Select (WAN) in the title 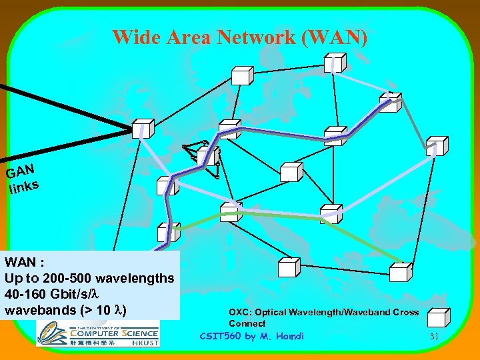coord(334,37)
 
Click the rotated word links coord(24,187)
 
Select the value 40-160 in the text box coord(25,294)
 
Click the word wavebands coord(37,311)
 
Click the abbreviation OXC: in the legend coord(240,312)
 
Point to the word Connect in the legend coord(247,323)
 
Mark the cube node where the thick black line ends coord(142,129)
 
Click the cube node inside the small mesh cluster coord(211,157)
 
